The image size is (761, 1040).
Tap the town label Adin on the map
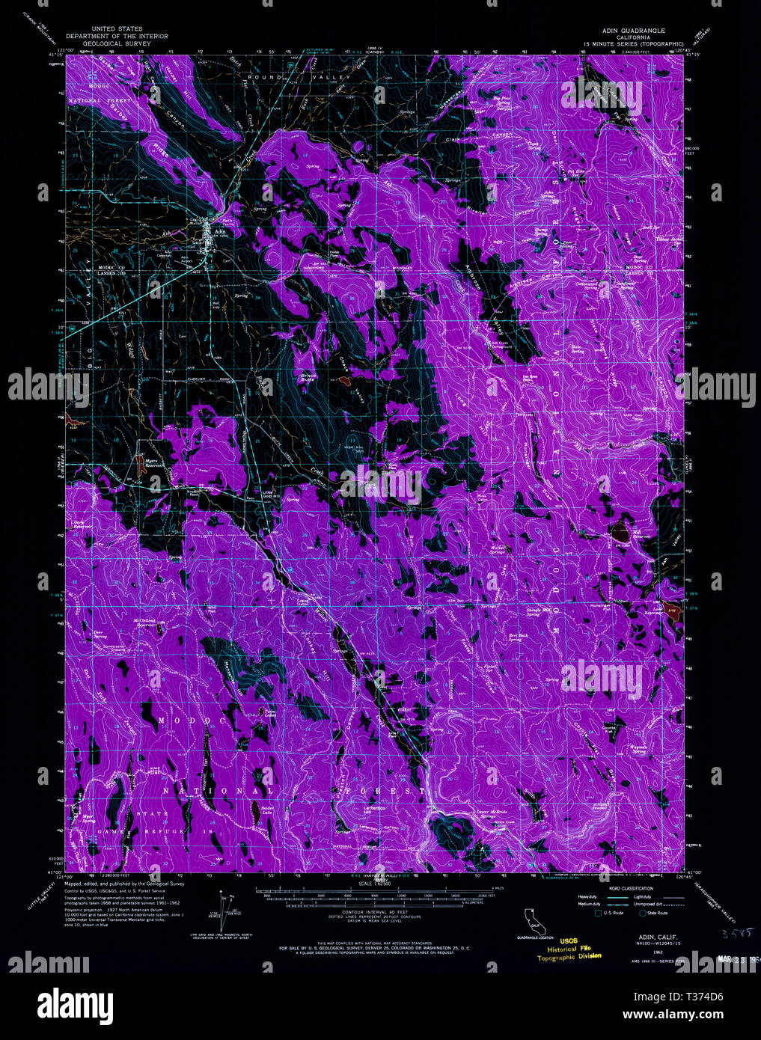click(x=219, y=231)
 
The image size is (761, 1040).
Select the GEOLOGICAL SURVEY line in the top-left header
click(x=117, y=43)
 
